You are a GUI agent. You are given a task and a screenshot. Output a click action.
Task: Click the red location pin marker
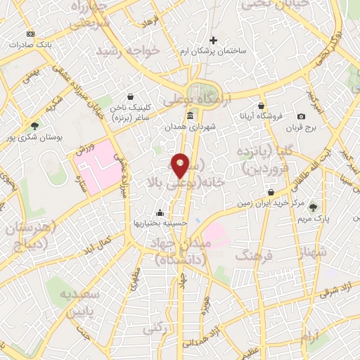(181, 165)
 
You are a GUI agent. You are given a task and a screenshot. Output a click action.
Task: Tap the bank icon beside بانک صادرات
(30, 34)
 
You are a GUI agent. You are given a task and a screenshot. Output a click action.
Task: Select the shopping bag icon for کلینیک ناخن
(130, 98)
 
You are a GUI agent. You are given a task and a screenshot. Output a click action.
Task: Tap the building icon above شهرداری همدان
(190, 116)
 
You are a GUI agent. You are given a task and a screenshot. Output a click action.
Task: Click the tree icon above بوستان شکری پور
(35, 125)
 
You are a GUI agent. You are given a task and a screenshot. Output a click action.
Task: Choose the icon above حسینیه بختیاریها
(160, 212)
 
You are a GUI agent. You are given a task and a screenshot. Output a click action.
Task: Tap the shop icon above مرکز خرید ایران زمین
(271, 192)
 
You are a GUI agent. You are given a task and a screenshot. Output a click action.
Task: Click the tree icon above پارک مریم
(313, 207)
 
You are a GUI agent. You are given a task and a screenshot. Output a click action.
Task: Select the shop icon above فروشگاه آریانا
(261, 105)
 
